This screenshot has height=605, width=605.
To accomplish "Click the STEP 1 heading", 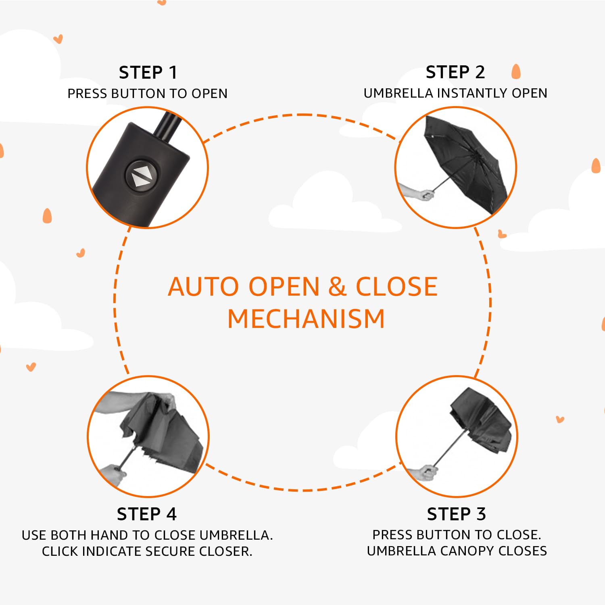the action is coord(148,73).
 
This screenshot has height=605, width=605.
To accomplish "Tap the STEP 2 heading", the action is coord(455,72).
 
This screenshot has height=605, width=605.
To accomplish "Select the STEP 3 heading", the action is coord(457,514).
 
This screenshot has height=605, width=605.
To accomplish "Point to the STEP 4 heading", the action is coord(147,514).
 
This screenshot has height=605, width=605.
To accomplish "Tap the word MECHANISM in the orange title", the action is coord(306,319).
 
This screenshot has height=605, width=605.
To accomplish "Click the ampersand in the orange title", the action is coord(337,287).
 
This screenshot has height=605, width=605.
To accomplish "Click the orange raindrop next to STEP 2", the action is coord(516,71).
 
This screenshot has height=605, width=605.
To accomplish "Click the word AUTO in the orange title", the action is coord(204,287).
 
